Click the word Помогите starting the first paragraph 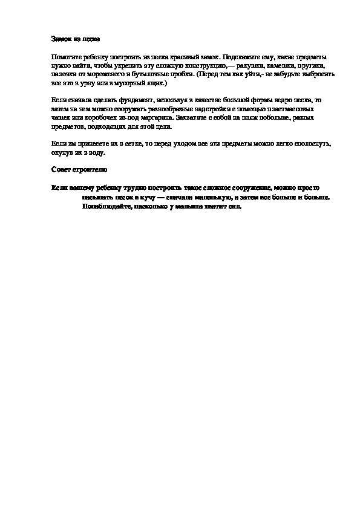(66, 55)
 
